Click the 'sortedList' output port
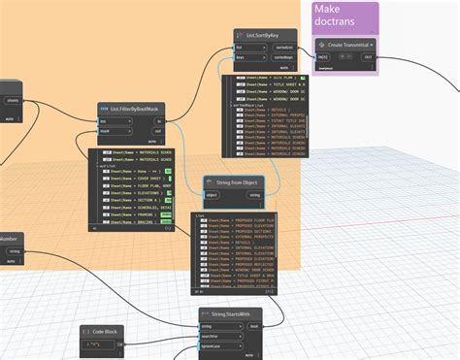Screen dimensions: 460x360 coord(286,46)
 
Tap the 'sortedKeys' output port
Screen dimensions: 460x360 coord(286,57)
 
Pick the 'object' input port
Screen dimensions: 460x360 coord(213,195)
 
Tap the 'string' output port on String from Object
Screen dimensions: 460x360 coord(256,195)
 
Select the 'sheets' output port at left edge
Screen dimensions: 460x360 coord(12,99)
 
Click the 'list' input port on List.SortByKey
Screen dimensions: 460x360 coord(239,46)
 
